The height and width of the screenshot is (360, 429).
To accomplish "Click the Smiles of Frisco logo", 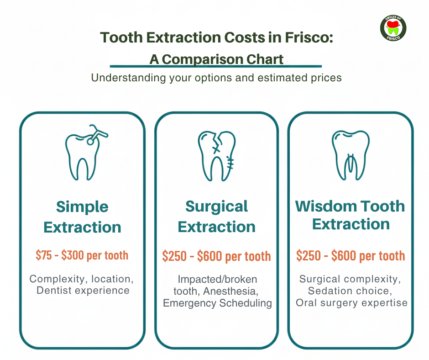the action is pyautogui.click(x=393, y=28).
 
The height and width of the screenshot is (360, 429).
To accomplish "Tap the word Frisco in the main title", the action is pyautogui.click(x=309, y=37).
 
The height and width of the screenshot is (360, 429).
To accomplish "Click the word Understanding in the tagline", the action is pyautogui.click(x=128, y=78).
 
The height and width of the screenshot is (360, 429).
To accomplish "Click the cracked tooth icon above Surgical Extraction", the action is pyautogui.click(x=217, y=156).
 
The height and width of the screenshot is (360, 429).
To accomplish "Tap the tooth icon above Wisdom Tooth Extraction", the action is pyautogui.click(x=351, y=155).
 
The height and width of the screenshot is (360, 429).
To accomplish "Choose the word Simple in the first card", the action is pyautogui.click(x=82, y=207).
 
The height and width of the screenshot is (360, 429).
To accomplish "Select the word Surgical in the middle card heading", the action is pyautogui.click(x=216, y=207).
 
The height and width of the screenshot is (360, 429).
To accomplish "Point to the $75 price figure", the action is pyautogui.click(x=44, y=255).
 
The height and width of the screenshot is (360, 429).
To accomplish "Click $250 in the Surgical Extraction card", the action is pyautogui.click(x=174, y=256).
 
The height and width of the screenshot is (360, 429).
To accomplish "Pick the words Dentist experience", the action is pyautogui.click(x=83, y=291).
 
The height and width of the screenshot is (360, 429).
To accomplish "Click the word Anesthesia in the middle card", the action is pyautogui.click(x=230, y=291).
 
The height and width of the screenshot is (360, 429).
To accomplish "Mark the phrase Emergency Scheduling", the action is pyautogui.click(x=218, y=303).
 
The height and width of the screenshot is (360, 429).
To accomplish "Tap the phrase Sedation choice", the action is pyautogui.click(x=350, y=291).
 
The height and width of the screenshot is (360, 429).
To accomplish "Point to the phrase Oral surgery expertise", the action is pyautogui.click(x=351, y=303).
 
